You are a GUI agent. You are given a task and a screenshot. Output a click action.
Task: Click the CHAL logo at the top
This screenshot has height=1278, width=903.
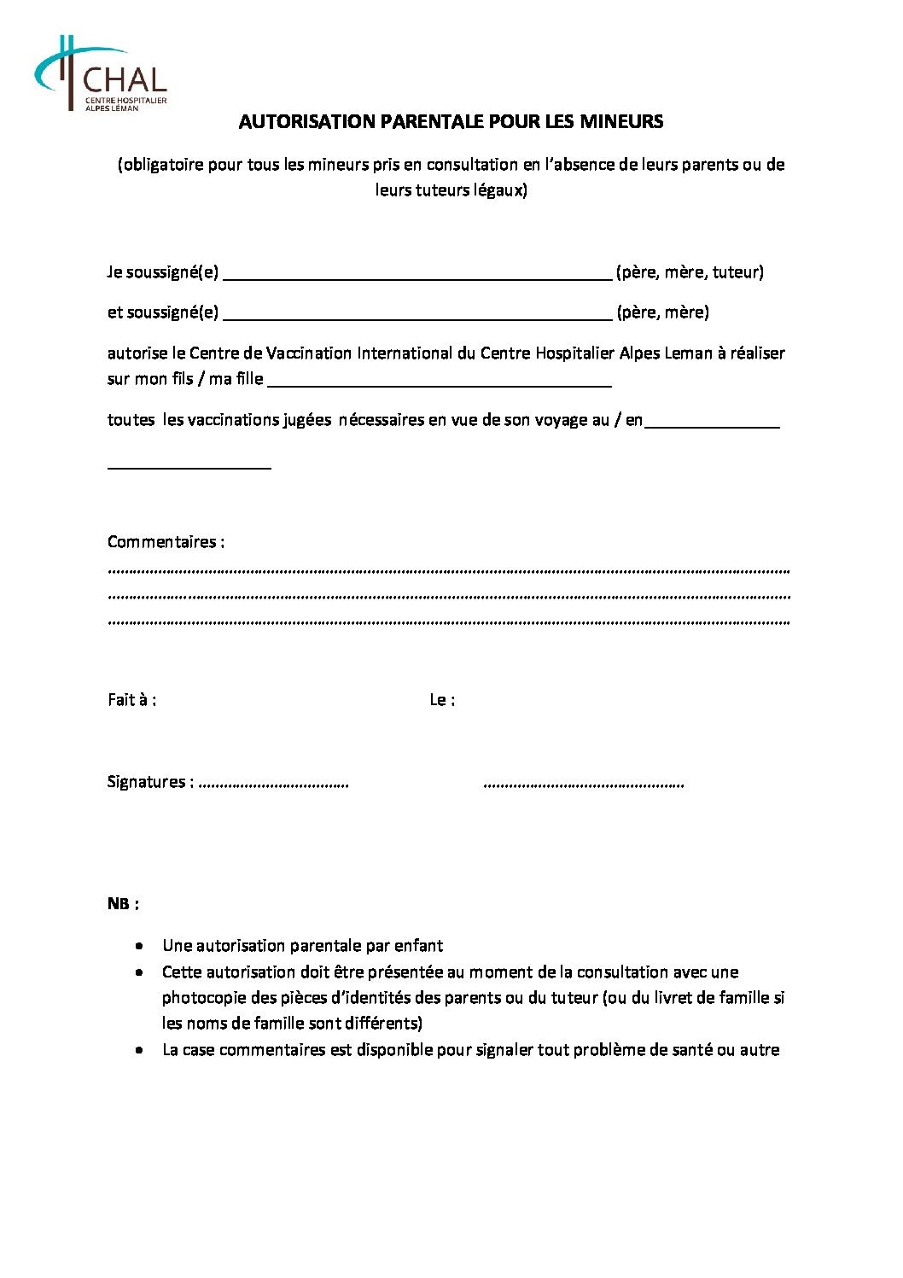(101, 73)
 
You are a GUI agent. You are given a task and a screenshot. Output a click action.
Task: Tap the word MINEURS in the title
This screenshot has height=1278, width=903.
(620, 121)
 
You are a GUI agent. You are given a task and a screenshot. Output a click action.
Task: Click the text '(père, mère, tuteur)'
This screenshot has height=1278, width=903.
(690, 272)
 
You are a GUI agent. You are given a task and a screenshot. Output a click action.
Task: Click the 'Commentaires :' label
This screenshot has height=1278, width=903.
(166, 541)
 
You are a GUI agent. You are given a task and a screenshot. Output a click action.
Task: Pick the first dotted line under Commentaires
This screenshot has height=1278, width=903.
(449, 569)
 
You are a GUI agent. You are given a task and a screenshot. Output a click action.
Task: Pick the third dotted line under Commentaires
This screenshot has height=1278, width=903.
(449, 622)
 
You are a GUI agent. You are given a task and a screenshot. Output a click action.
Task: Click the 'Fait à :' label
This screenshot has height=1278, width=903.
(131, 700)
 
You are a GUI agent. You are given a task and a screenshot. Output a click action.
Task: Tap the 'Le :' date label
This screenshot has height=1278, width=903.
(442, 700)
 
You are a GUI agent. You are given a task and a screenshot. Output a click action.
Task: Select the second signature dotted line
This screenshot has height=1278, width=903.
(584, 784)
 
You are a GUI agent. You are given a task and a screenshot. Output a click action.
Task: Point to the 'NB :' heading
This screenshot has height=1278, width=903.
(123, 903)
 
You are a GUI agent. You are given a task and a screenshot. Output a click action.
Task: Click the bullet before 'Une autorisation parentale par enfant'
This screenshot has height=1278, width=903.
(139, 946)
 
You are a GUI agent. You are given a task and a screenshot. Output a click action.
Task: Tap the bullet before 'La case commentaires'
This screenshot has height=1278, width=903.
(139, 1050)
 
